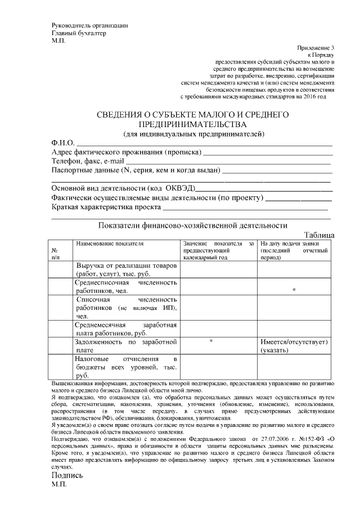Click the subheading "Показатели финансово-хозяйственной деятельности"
193,226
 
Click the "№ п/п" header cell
55,253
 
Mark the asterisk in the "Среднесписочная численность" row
294,290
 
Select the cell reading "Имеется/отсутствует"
294,342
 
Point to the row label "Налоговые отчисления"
127,358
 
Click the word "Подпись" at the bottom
67,475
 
